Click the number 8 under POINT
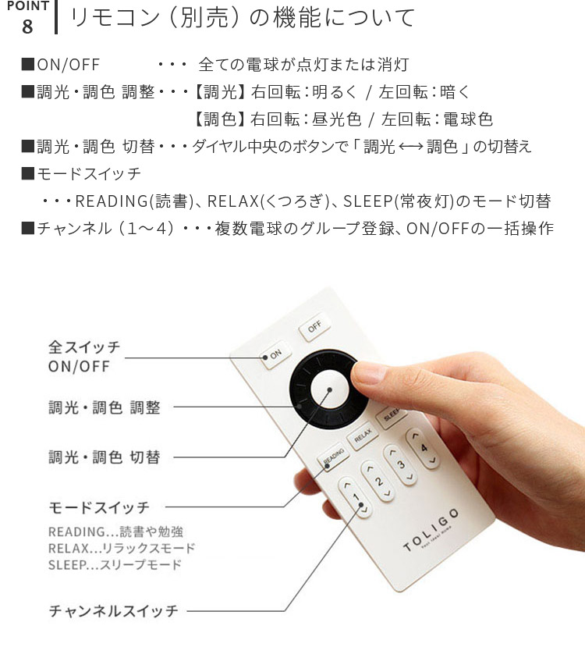click(x=27, y=26)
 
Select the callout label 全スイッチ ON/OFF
click(x=84, y=356)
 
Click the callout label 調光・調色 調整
click(x=104, y=407)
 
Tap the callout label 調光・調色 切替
click(x=104, y=457)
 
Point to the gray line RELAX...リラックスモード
click(x=122, y=548)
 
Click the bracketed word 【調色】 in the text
click(x=218, y=119)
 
